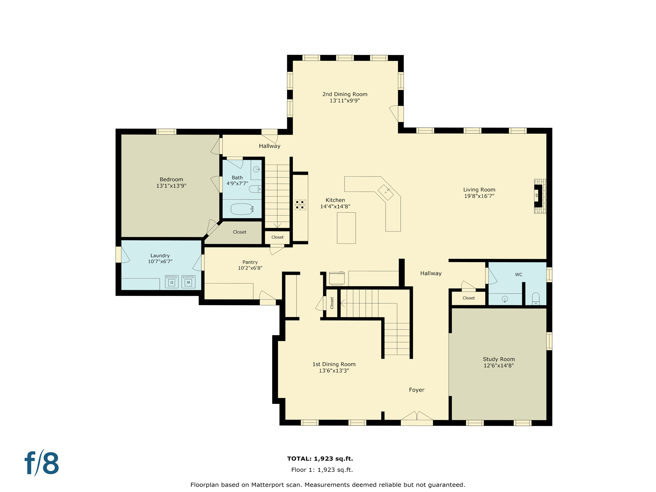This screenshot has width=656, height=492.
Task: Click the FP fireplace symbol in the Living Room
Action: click(538, 195)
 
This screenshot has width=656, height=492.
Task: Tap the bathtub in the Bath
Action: click(242, 209)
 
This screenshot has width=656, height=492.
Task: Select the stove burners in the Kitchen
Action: click(300, 205)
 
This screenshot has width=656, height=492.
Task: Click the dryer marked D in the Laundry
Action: click(172, 282)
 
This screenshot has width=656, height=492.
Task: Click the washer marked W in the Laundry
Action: click(188, 282)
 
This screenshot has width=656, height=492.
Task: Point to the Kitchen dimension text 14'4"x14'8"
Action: click(335, 207)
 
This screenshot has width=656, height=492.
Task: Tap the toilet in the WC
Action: click(536, 299)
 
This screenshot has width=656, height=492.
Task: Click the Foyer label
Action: click(416, 390)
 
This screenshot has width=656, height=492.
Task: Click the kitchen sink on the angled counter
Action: click(386, 192)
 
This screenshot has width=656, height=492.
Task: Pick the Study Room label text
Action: click(499, 359)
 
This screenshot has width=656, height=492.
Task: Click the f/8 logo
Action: click(42, 463)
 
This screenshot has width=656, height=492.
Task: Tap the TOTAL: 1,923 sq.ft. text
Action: click(320, 458)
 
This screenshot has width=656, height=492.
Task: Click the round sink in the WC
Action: click(505, 299)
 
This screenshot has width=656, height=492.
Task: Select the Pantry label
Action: click(250, 262)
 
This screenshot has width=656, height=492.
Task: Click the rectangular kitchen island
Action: click(346, 228)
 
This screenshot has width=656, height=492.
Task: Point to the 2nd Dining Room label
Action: click(345, 94)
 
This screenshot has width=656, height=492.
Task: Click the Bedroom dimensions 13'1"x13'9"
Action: click(171, 186)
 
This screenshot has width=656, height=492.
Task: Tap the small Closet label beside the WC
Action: click(469, 298)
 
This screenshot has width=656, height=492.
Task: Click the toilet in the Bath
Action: click(255, 189)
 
